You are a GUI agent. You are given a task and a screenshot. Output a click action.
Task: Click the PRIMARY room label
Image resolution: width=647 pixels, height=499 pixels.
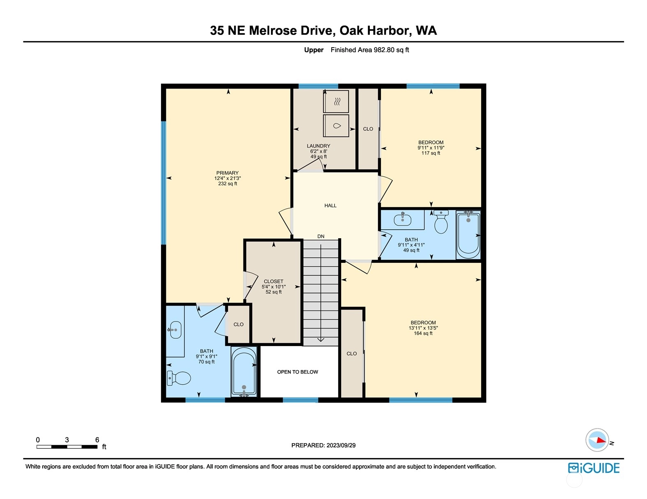(x=227, y=173)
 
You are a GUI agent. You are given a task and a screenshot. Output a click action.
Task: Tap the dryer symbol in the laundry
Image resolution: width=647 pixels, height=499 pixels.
(x=336, y=102)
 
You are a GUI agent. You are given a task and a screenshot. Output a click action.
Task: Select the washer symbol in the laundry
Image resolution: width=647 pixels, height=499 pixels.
(x=336, y=126)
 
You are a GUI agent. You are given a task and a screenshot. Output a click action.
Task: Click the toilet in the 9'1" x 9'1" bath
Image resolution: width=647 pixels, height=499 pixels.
(x=179, y=378)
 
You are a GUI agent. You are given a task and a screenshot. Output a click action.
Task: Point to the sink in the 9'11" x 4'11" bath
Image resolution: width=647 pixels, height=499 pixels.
(x=403, y=219)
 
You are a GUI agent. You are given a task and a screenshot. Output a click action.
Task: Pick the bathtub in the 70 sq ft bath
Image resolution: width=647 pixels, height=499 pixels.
(x=244, y=372)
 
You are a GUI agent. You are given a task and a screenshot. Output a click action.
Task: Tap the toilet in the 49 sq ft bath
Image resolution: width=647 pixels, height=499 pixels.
(x=441, y=222)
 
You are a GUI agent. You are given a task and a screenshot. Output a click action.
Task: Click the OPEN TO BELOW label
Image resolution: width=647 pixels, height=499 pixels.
(x=298, y=372)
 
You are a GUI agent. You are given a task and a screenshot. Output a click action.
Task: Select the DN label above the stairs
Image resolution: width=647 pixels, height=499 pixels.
(x=321, y=237)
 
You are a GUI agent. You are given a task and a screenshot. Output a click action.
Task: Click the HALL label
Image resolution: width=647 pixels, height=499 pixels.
(x=330, y=205)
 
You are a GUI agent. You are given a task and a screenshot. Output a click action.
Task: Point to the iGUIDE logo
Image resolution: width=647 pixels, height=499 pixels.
(x=594, y=468)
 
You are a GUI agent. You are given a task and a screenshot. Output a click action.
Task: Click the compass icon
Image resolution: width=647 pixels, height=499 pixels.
(x=597, y=440)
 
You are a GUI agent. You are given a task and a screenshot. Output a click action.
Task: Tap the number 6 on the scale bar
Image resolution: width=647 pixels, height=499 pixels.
(x=97, y=440)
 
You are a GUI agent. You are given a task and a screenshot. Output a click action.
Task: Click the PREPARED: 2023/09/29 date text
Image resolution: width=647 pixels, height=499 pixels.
(x=323, y=445)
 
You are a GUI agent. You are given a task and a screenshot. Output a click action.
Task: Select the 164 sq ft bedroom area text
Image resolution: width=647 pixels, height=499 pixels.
(x=423, y=333)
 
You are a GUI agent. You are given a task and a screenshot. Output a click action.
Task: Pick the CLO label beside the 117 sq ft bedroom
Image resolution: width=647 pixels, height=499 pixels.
(x=368, y=129)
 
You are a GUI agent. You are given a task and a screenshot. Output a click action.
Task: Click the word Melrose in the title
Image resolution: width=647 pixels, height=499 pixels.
(x=273, y=31)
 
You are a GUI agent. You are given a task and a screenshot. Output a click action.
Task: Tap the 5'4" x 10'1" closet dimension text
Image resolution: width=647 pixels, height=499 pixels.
(x=274, y=287)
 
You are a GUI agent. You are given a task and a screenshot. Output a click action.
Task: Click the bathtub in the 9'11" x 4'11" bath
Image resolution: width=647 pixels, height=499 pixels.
(x=468, y=235)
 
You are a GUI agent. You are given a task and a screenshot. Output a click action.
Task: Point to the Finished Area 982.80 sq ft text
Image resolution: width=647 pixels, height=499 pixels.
(x=370, y=50)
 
